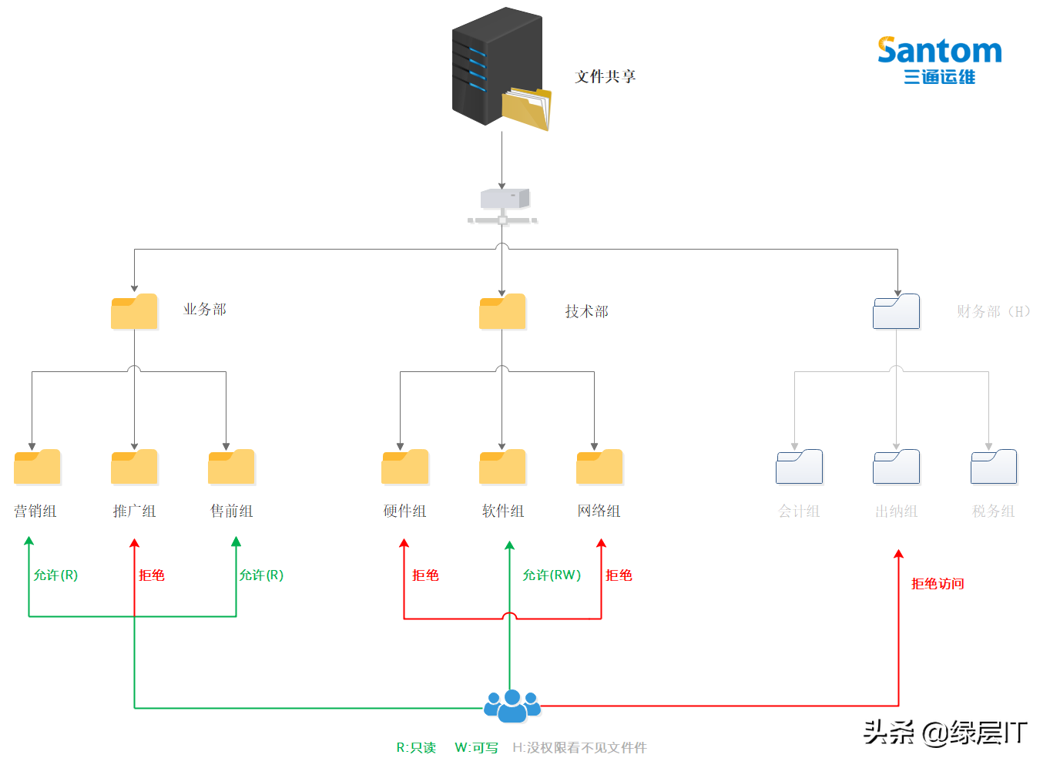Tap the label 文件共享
605,76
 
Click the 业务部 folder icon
134,312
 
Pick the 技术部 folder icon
502,312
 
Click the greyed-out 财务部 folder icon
896,312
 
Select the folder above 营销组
37,467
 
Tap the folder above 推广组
134,467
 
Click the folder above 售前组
231,467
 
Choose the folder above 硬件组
405,467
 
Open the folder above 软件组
502,467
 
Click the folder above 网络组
599,467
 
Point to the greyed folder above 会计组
799,467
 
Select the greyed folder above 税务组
994,467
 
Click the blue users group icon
512,706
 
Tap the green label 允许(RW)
552,575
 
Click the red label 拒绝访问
938,584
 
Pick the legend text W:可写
476,748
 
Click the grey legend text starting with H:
579,748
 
